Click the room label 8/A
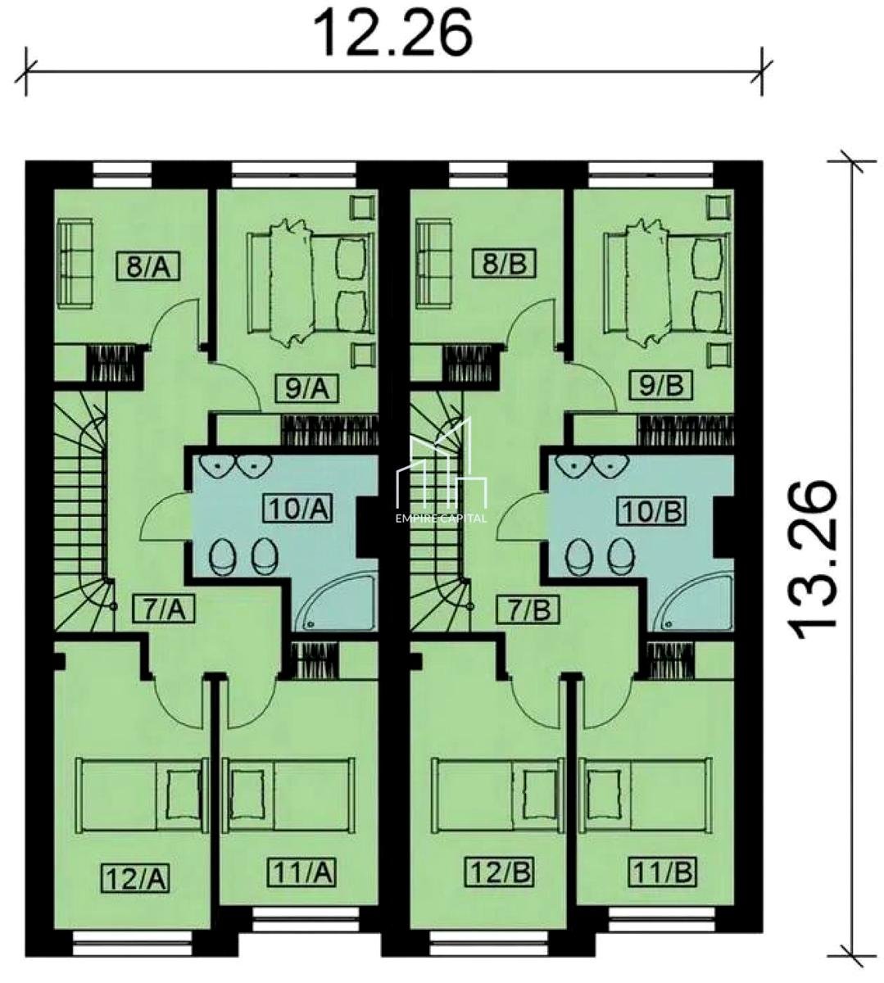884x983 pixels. coord(148,268)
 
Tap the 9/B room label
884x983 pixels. coord(661,386)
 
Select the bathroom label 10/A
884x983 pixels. coord(298,509)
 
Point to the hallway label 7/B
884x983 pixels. coord(529,610)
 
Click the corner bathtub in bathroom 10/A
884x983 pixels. coord(335,600)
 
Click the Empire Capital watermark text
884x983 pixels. coord(442,519)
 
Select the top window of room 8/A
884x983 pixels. coord(122,175)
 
